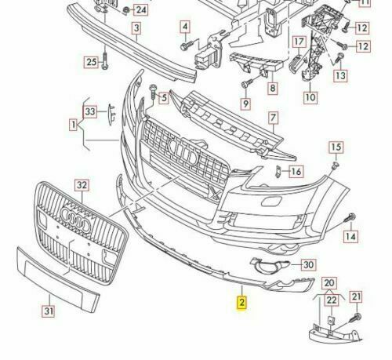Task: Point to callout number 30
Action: click(x=308, y=264)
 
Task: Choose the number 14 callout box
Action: click(x=351, y=235)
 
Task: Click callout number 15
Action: click(x=336, y=147)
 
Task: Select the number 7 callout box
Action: click(x=274, y=119)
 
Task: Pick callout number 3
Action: click(x=136, y=31)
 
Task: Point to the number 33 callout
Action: click(x=91, y=112)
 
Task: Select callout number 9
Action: click(x=245, y=104)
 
